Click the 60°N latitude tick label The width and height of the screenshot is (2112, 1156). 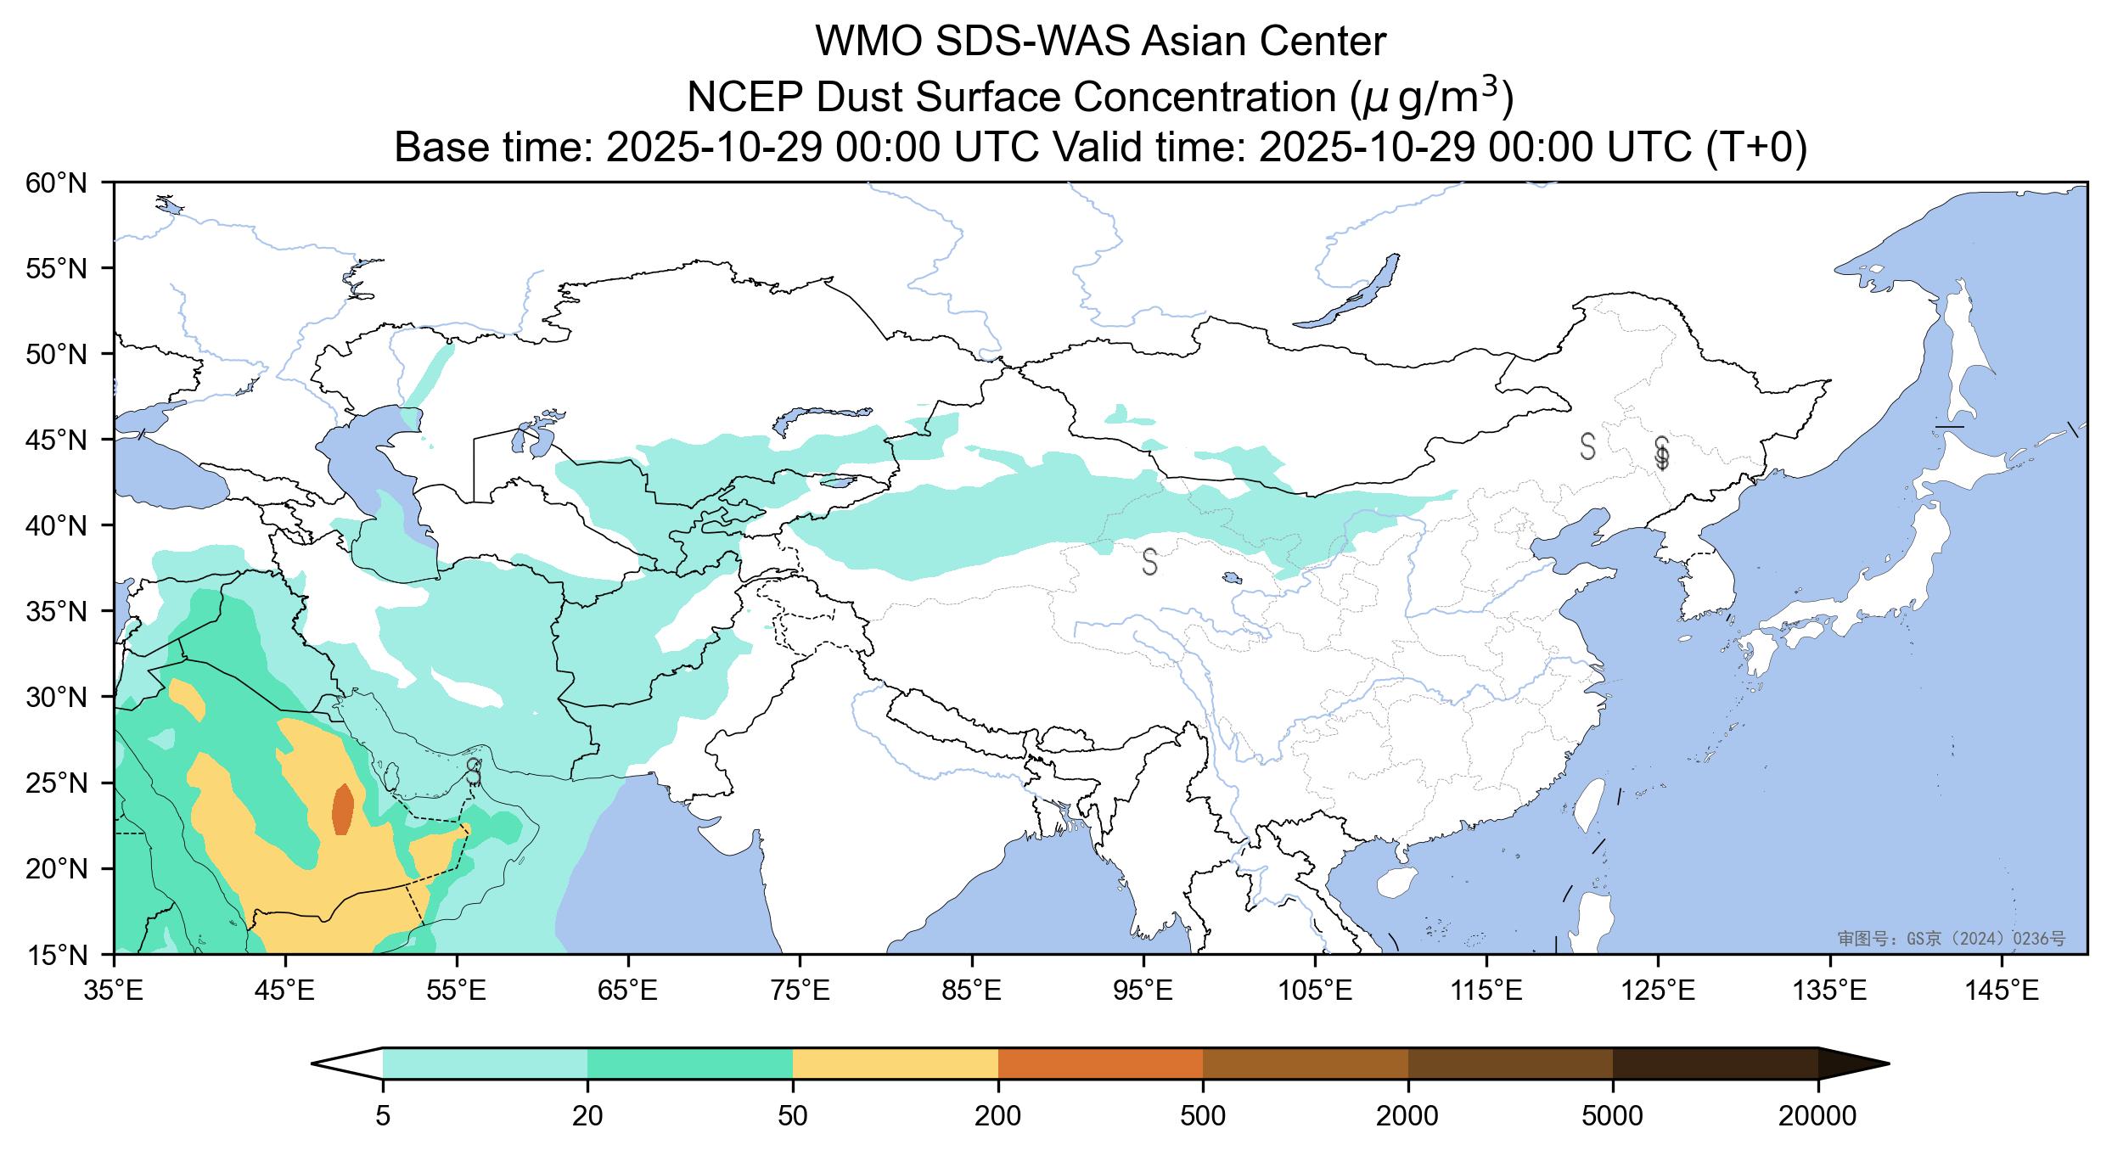57,182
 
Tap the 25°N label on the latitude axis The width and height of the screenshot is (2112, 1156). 57,783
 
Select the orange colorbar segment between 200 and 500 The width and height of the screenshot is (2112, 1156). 1100,1063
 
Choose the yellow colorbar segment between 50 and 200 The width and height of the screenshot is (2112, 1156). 895,1063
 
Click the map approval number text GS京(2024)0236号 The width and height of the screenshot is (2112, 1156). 1951,939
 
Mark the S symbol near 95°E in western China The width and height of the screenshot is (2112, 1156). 1149,561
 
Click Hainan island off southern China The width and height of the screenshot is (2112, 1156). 1394,883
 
